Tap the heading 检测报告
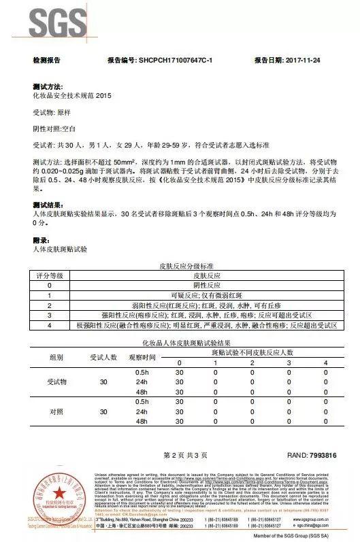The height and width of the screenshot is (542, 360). click(46, 61)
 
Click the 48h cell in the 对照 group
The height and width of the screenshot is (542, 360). click(142, 422)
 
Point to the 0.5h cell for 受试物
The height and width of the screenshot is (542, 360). click(142, 373)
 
